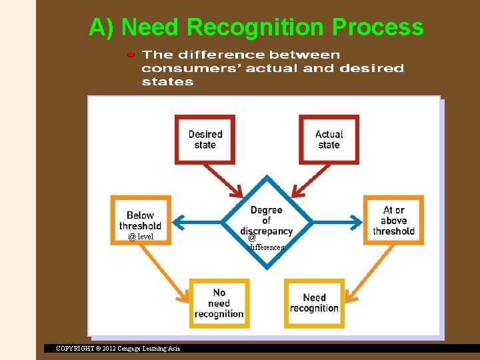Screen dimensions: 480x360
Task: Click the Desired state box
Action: tap(205, 139)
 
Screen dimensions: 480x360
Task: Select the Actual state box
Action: tap(329, 139)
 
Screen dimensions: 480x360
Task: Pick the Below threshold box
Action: tap(141, 219)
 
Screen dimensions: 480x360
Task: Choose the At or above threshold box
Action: tap(393, 219)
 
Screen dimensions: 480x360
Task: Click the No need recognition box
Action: tap(219, 303)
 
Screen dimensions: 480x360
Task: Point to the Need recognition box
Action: tap(314, 303)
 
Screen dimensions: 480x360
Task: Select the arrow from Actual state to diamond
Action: tap(303, 181)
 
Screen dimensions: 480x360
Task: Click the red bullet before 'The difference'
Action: tap(131, 54)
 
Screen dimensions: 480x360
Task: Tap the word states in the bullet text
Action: tap(167, 82)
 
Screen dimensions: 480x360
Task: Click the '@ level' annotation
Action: tap(141, 237)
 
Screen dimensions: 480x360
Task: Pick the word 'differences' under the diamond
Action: tap(266, 247)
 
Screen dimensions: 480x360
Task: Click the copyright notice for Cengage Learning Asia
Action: tap(118, 349)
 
